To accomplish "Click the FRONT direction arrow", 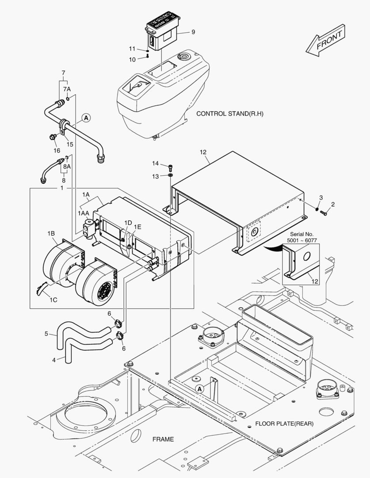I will pos(325,41).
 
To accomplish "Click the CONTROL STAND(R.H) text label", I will pos(229,114).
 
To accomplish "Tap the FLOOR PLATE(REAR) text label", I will pos(284,424).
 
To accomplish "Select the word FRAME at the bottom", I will pos(163,439).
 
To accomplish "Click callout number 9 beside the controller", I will pos(193,32).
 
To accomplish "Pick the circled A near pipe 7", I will pos(86,118).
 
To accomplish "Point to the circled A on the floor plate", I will pos(200,389).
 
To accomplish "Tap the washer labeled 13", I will pos(171,177).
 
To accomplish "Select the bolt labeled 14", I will pos(171,167).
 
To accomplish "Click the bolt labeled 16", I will pos(53,137).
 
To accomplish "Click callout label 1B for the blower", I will pos(51,233).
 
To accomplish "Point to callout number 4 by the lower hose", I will pos(54,360).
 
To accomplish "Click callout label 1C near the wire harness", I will pos(53,300).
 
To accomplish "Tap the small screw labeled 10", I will pos(147,55).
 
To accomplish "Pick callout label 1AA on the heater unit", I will pos(84,213).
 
